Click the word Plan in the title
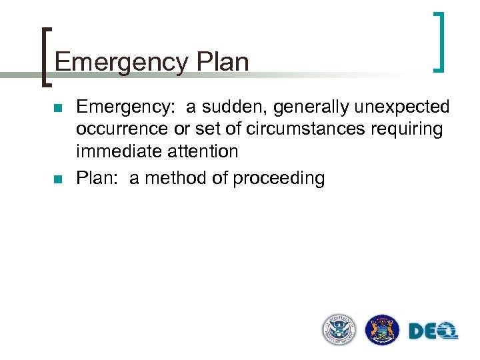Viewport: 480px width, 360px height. [223, 63]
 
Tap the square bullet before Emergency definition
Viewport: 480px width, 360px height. [59, 108]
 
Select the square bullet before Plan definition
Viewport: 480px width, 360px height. [59, 179]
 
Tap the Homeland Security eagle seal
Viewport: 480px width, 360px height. [339, 329]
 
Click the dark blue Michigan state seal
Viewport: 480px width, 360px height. [383, 329]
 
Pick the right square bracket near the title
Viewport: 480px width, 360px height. [439, 41]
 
